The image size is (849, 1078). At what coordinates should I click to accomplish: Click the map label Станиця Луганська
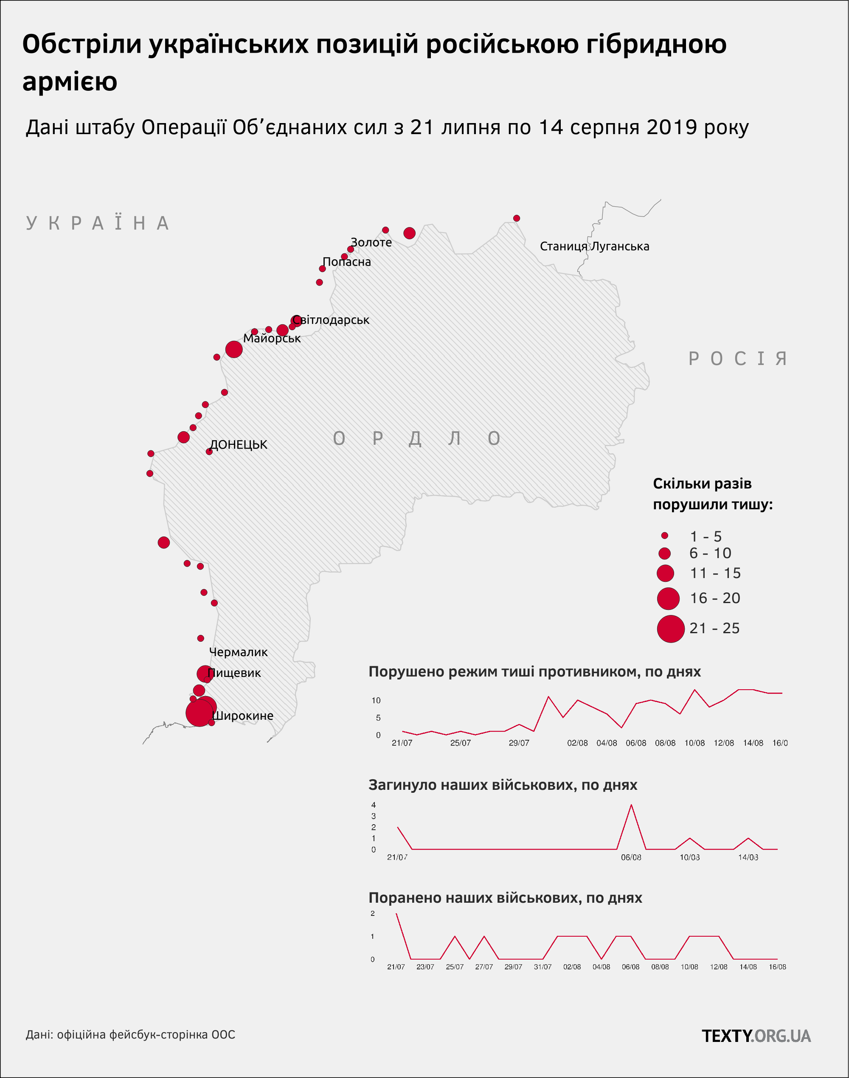tap(594, 247)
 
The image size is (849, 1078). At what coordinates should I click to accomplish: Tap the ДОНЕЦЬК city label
tap(239, 444)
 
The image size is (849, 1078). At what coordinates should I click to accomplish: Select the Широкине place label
tap(242, 716)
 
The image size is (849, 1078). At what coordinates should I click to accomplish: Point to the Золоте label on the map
tap(371, 242)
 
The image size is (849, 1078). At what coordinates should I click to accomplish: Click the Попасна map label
tap(346, 262)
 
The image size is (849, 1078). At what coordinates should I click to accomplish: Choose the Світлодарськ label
tap(331, 320)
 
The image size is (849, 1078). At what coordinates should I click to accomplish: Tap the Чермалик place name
tap(238, 652)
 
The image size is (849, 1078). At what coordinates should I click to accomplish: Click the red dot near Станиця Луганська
tap(517, 218)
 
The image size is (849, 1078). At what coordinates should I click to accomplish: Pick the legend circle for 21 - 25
tap(671, 629)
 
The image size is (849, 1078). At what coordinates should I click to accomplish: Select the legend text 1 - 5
tap(706, 536)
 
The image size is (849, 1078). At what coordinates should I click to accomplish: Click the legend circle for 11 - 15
tap(665, 573)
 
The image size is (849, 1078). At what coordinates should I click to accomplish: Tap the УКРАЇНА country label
tap(98, 223)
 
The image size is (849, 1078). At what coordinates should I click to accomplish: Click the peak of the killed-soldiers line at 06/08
tap(631, 805)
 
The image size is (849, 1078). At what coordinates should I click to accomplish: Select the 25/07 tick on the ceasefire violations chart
tap(460, 743)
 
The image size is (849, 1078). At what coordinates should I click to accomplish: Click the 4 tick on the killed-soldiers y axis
tap(373, 805)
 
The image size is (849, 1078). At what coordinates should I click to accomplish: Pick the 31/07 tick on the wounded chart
tap(543, 967)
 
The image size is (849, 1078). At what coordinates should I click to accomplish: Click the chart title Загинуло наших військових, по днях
tap(503, 785)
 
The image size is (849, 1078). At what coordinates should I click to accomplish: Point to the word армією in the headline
tap(70, 81)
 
